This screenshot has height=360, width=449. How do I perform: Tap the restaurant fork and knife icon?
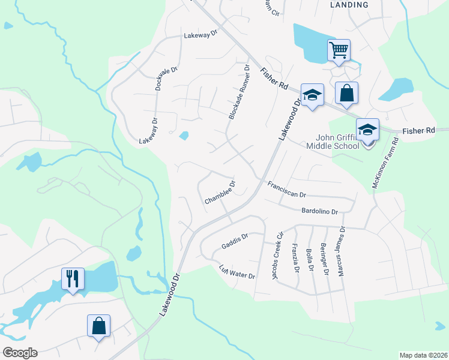pos(73,278)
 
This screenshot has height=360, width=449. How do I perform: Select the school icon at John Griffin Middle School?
pos(367,129)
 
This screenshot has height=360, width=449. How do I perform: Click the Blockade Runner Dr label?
pos(238,92)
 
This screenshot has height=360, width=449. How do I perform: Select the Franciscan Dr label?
pos(287,190)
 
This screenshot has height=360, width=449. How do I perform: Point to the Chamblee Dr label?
pos(220,193)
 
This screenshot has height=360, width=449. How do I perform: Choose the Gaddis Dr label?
pos(234,242)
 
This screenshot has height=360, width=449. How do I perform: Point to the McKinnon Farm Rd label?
pos(385,164)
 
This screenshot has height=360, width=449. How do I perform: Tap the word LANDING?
pos(349,5)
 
